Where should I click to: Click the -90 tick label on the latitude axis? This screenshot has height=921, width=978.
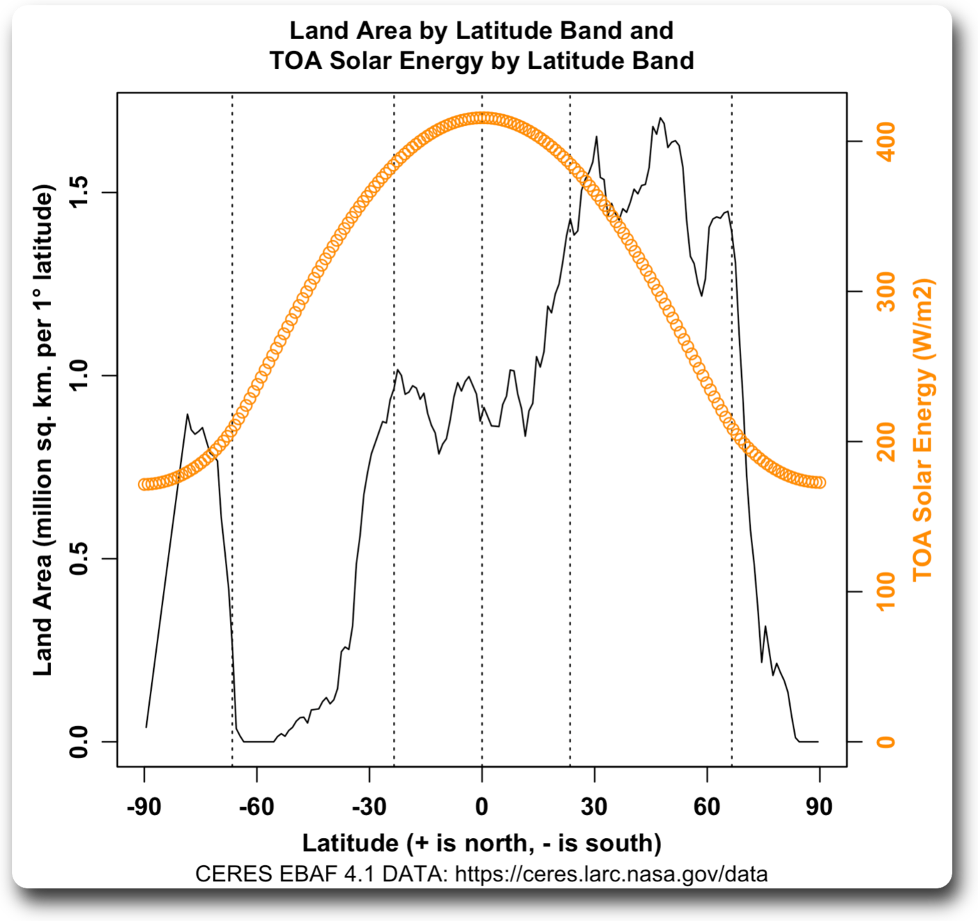[144, 807]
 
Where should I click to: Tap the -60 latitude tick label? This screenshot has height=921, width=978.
[256, 807]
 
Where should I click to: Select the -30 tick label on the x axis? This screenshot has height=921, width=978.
[369, 807]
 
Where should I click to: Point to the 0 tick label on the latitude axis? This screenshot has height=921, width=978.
[481, 807]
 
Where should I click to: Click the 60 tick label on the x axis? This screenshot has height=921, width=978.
[706, 807]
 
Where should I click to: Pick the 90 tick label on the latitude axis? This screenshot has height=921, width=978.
[819, 807]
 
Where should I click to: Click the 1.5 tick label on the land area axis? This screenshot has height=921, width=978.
[78, 192]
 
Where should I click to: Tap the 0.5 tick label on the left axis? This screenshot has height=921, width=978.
[78, 558]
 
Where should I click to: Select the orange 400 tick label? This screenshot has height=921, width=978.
[886, 141]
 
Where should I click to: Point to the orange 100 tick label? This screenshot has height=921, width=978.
[886, 592]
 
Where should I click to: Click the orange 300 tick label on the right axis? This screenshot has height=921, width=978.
[886, 292]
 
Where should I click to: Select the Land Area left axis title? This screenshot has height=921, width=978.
[43, 430]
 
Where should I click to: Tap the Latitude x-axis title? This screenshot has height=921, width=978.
[481, 843]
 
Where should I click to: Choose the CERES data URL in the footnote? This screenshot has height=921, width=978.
[611, 874]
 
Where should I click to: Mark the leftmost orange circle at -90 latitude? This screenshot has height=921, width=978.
[144, 485]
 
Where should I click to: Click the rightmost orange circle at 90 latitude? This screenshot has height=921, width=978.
[820, 482]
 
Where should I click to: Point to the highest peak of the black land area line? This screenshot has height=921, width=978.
[660, 118]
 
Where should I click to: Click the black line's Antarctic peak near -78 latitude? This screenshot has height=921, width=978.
[187, 414]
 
